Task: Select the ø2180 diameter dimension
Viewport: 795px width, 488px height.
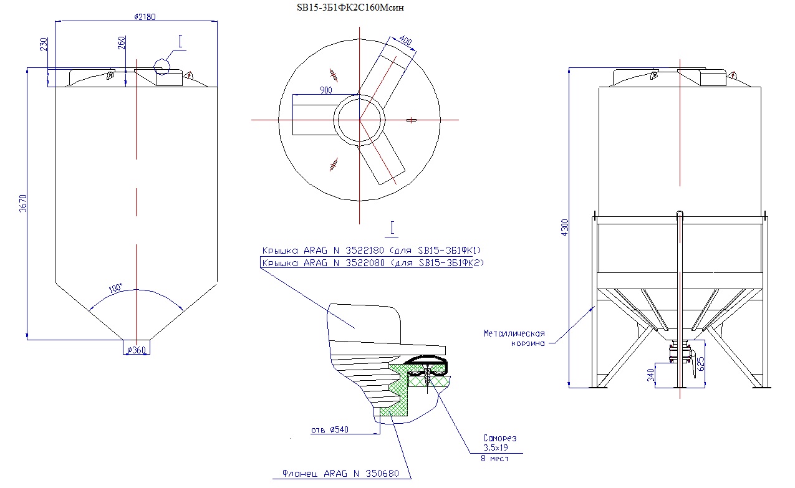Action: point(145,17)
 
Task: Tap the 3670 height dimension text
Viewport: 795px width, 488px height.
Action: point(23,204)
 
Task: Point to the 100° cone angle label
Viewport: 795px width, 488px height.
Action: point(116,289)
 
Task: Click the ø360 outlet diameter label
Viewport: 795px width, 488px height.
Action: point(136,350)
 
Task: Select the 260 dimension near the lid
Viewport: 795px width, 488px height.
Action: point(121,43)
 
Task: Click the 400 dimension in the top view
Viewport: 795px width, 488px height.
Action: point(406,42)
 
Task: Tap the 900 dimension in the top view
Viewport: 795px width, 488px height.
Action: point(325,90)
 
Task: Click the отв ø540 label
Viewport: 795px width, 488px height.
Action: point(329,430)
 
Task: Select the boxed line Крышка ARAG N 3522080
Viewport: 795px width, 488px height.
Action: point(372,263)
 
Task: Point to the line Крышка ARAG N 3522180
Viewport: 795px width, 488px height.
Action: point(372,251)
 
